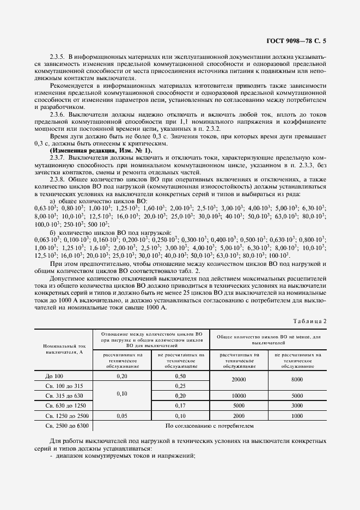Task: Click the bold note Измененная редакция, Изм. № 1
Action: tap(101, 150)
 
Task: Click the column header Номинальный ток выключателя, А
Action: tap(64, 349)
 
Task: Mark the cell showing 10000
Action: tap(239, 396)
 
